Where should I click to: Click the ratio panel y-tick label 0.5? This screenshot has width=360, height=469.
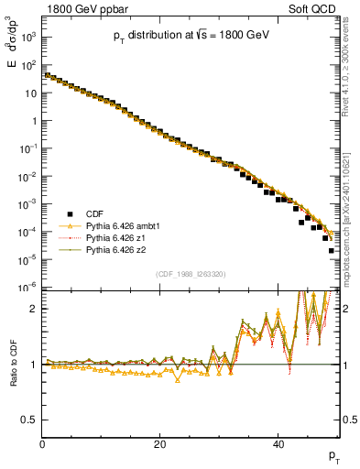pyautogui.click(x=29, y=420)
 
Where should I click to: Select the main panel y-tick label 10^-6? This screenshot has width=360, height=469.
pyautogui.click(x=28, y=287)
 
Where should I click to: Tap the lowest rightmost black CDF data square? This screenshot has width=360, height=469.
pyautogui.click(x=331, y=250)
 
